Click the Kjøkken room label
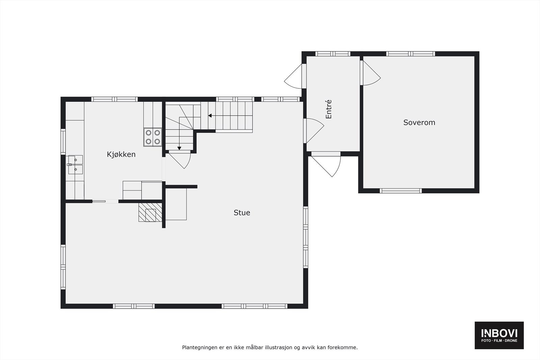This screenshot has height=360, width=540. click(x=121, y=154)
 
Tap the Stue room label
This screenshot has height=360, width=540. click(x=242, y=213)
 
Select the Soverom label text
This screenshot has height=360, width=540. click(x=419, y=122)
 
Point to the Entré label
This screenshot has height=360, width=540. click(x=329, y=109)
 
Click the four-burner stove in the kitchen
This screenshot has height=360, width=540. click(x=153, y=137)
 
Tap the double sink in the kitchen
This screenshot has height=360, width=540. click(x=75, y=165)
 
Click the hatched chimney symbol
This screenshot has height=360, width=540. click(x=150, y=212)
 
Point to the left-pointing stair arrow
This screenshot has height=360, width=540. click(x=210, y=116)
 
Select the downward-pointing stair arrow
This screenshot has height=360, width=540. click(x=179, y=148)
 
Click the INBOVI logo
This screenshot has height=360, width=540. click(x=499, y=335)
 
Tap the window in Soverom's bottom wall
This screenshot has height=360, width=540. click(x=401, y=191)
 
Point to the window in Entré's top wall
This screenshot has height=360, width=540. click(x=333, y=54)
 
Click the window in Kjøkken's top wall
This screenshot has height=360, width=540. click(x=114, y=99)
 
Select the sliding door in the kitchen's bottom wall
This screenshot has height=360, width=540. click(x=105, y=201)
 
